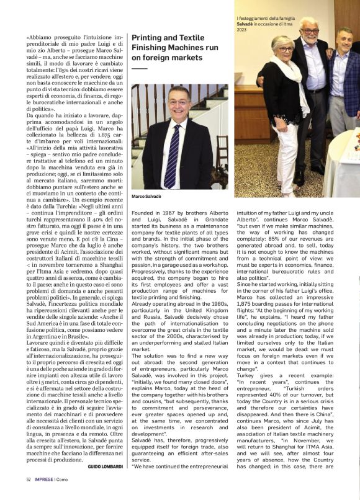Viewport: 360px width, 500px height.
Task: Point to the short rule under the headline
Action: (140, 68)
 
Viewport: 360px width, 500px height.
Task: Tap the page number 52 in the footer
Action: (29, 479)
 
